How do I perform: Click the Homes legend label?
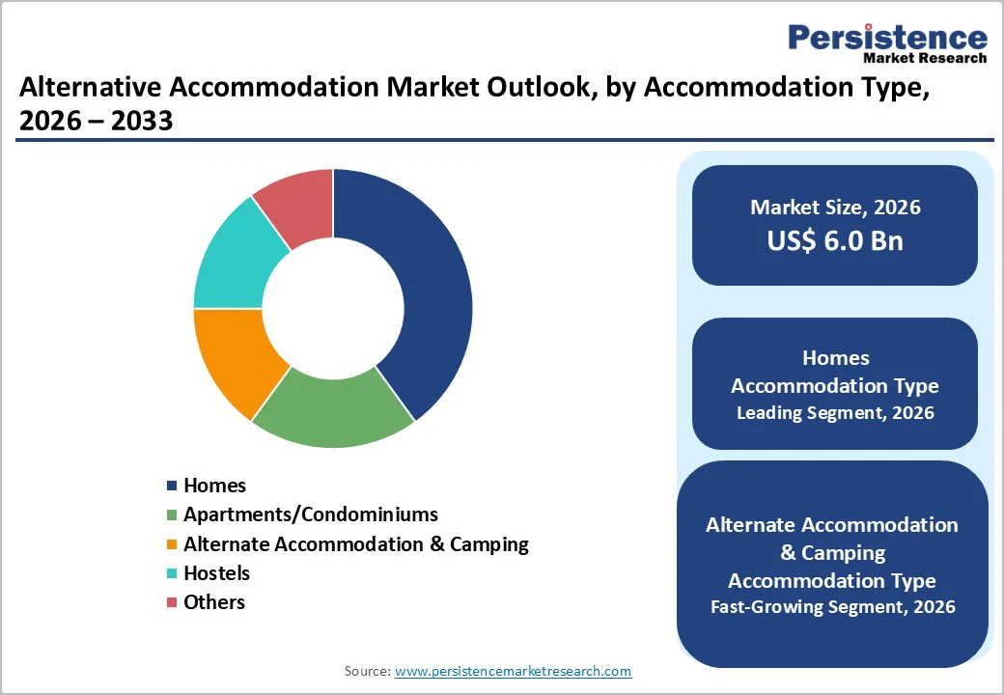pyautogui.click(x=214, y=486)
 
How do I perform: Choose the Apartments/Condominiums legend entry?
pyautogui.click(x=310, y=514)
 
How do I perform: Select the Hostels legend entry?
pyautogui.click(x=216, y=572)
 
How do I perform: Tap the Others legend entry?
pyautogui.click(x=213, y=601)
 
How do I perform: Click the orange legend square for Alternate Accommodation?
pyautogui.click(x=172, y=544)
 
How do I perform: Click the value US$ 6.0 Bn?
pyautogui.click(x=835, y=241)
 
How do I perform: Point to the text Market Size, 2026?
pyautogui.click(x=835, y=208)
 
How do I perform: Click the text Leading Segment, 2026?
pyautogui.click(x=835, y=413)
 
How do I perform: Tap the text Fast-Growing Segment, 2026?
pyautogui.click(x=833, y=607)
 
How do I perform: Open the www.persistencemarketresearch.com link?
pyautogui.click(x=513, y=671)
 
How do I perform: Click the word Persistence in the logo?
pyautogui.click(x=887, y=38)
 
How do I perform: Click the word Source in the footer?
pyautogui.click(x=366, y=671)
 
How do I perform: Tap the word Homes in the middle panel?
pyautogui.click(x=835, y=358)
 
